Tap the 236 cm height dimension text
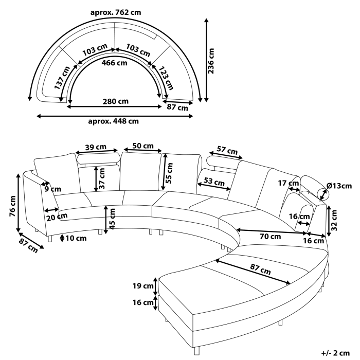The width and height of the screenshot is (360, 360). (211, 61)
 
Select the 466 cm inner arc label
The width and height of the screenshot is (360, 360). (114, 63)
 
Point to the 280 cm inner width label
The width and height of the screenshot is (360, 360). (116, 101)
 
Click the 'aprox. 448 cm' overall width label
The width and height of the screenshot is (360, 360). (113, 121)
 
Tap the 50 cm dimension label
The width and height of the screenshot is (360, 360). (142, 146)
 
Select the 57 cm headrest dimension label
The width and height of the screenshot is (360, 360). (227, 151)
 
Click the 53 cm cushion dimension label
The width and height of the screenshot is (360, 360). (214, 182)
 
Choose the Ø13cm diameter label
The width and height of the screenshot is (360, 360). (339, 186)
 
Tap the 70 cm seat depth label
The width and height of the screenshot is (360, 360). (269, 237)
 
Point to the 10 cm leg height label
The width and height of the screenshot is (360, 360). (75, 238)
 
